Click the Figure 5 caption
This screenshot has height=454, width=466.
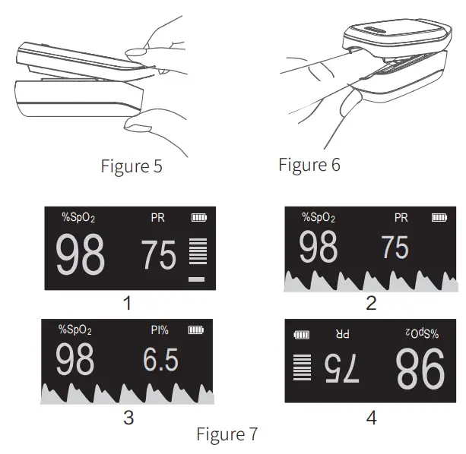[131, 166]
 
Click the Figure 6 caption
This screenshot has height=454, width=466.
[309, 164]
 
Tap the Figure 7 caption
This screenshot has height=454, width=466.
[227, 434]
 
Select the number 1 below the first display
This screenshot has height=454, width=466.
[127, 304]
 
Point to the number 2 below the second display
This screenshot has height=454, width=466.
[371, 304]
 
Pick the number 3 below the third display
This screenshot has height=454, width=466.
[128, 417]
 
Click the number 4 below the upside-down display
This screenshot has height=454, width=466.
[370, 417]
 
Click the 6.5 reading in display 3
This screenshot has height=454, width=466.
[160, 360]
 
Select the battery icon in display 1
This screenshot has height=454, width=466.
[198, 218]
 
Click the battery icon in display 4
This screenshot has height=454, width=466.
[302, 334]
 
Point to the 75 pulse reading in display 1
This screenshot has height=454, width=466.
[159, 256]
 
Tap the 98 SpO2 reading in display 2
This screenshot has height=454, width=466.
[318, 248]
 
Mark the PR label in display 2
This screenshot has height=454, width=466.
[401, 218]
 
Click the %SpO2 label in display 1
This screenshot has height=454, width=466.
[78, 219]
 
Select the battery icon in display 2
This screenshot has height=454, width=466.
[439, 218]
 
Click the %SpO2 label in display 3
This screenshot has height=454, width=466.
[75, 330]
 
